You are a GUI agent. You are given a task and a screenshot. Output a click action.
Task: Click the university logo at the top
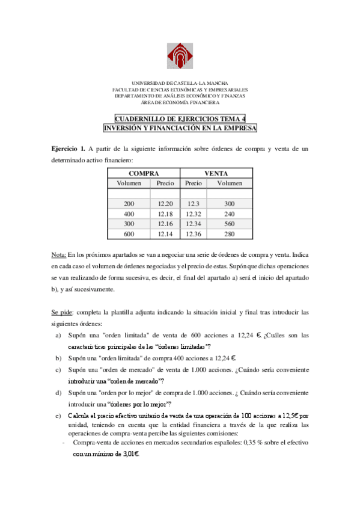point(180,57)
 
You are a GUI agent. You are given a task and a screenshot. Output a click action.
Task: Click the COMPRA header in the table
point(143,173)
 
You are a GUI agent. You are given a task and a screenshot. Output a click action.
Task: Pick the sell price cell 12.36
point(194,234)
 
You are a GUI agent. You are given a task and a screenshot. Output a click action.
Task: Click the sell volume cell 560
point(230,224)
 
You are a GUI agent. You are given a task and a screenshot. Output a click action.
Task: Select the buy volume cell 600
point(129,234)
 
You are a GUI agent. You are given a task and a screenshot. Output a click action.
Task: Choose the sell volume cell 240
point(230,214)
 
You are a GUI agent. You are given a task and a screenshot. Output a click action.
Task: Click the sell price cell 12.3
point(194,204)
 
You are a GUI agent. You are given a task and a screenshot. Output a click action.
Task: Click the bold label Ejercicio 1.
point(68,149)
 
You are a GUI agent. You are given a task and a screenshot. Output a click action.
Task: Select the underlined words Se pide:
point(63,313)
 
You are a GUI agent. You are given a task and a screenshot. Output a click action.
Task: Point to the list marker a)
point(58,335)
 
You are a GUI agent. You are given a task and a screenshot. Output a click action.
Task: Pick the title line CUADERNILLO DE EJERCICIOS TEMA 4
point(180,119)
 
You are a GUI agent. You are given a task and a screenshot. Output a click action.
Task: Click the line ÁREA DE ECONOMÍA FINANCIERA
point(180,102)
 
